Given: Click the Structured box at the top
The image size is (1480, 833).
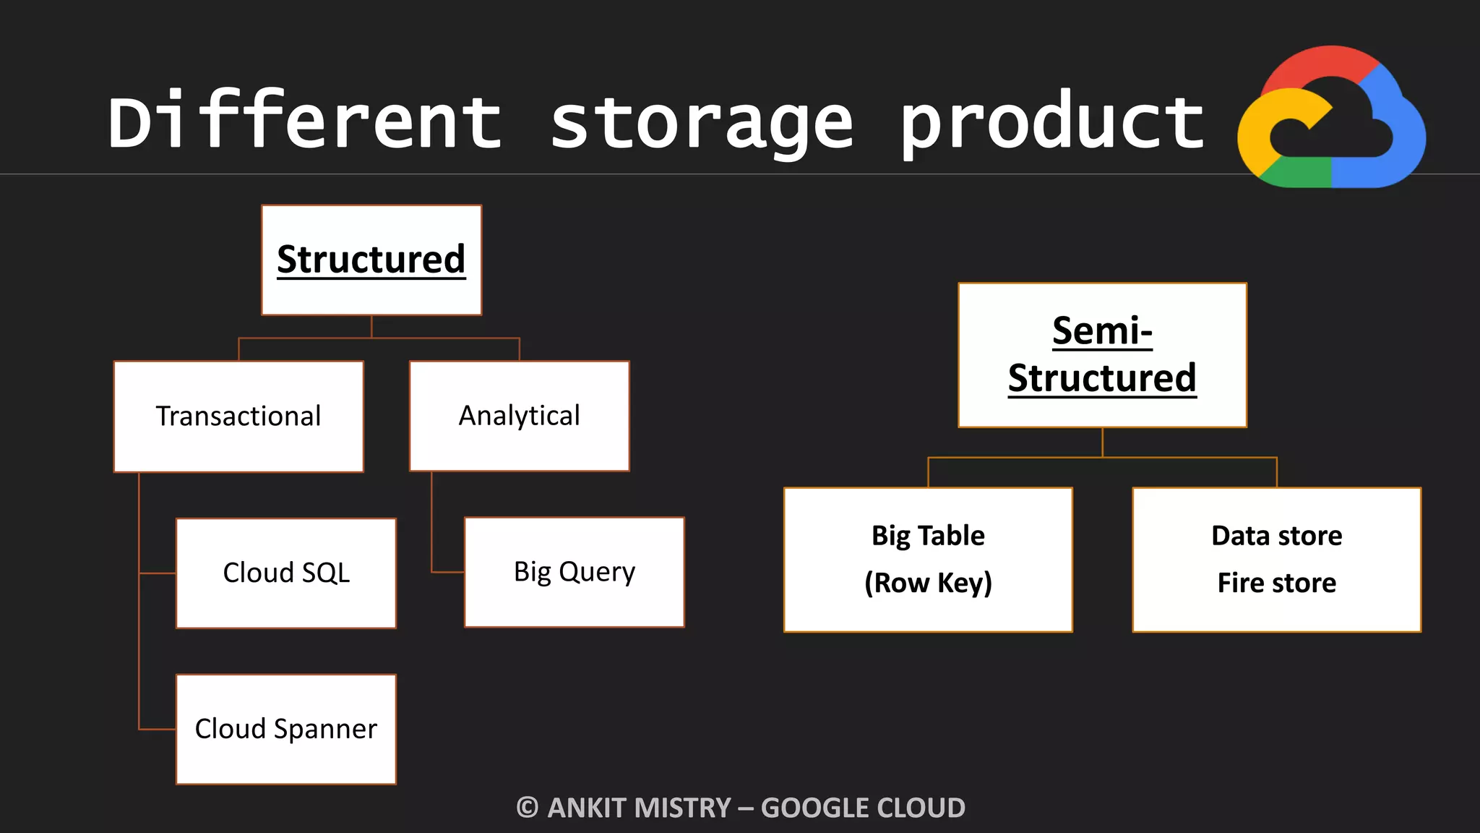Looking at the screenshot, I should [371, 260].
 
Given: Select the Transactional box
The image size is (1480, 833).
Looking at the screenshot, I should [238, 416].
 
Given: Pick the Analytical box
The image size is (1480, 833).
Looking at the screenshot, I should [519, 416].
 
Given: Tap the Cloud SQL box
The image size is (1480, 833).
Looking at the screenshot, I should [286, 573].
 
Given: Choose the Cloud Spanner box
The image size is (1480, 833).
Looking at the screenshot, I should [286, 729].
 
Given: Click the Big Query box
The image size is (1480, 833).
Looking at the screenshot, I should [575, 572].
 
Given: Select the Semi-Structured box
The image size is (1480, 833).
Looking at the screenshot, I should [1102, 355].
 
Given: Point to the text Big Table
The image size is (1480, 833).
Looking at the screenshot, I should [928, 536].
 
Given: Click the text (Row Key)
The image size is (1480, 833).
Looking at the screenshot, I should [928, 583].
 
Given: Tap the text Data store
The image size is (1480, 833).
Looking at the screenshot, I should [1277, 536].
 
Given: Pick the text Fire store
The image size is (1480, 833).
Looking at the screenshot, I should [1277, 583].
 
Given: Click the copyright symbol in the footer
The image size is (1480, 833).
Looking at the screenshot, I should [528, 808].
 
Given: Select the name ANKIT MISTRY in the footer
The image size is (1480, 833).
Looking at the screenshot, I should [640, 808].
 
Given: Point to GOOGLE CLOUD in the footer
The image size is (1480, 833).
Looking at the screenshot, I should [863, 808].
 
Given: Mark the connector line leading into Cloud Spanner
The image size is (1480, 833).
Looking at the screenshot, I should [158, 729].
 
